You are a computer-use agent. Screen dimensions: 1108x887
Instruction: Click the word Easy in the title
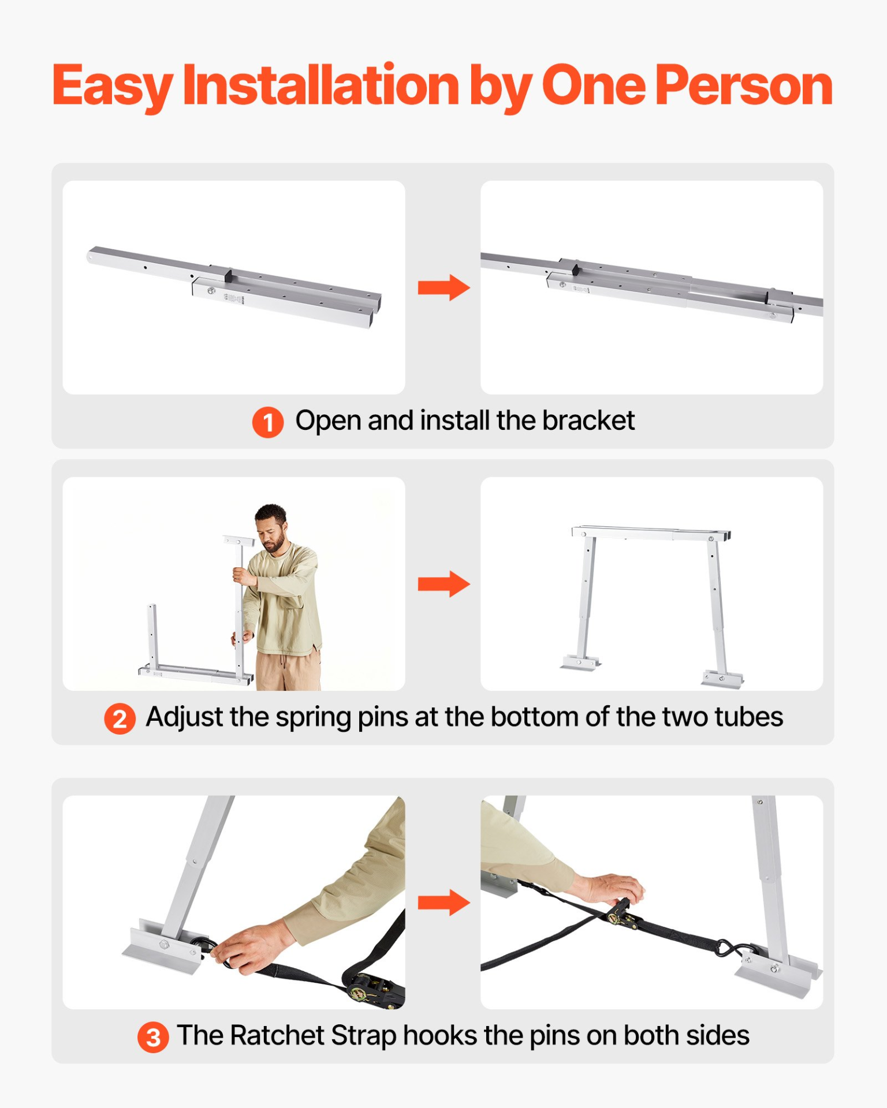(113, 87)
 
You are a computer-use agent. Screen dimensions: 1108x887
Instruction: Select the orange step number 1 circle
(267, 422)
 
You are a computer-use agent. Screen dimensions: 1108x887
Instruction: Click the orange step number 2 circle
(120, 719)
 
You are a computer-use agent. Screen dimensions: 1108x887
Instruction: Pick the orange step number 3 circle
(153, 1038)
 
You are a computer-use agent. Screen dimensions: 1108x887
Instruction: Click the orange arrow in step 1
(443, 287)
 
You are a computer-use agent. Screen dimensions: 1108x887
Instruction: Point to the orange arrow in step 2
(443, 584)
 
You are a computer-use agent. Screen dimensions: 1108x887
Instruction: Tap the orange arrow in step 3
(443, 903)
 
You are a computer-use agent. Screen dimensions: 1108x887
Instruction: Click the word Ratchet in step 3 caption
(277, 1035)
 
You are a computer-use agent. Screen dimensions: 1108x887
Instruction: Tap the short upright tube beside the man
(152, 635)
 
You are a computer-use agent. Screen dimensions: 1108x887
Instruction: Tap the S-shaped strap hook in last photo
(726, 947)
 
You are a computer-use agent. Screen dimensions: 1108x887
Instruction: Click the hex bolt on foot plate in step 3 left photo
(163, 945)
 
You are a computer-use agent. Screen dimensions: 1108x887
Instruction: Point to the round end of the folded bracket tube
(91, 256)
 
